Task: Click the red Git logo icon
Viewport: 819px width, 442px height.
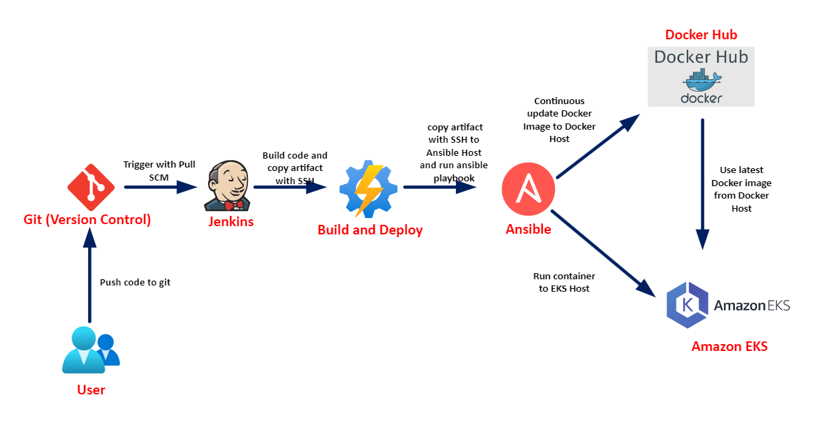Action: pyautogui.click(x=90, y=187)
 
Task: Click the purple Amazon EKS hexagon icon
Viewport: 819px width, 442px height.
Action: pyautogui.click(x=687, y=305)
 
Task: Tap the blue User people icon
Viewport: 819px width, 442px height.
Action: pyautogui.click(x=90, y=350)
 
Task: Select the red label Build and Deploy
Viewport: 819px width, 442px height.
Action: pyautogui.click(x=370, y=230)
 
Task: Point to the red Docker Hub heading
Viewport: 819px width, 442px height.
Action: pyautogui.click(x=701, y=34)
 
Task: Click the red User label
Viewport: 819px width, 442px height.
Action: pyautogui.click(x=91, y=390)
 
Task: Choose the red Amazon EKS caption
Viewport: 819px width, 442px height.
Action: pyautogui.click(x=729, y=346)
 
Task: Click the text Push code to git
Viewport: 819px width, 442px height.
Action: pyautogui.click(x=135, y=282)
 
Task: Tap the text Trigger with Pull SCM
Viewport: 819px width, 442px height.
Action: pyautogui.click(x=158, y=170)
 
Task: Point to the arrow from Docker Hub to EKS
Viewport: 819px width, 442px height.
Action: pyautogui.click(x=703, y=183)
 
